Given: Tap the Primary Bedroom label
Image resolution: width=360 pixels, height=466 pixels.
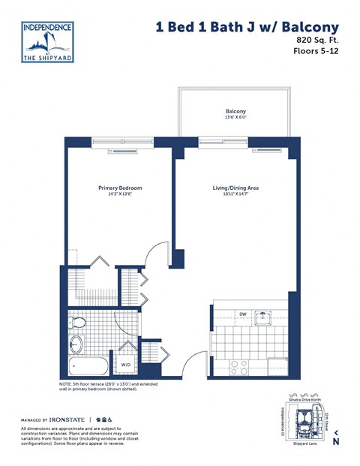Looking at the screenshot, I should [120, 188].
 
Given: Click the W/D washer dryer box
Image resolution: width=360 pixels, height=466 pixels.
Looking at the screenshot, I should [125, 365].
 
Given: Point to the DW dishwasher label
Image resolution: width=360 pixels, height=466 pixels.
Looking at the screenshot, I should [243, 314].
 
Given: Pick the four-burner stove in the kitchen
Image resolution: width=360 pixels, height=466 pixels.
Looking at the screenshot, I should [239, 367].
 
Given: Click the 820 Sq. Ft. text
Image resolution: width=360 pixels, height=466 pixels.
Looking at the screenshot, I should [314, 38].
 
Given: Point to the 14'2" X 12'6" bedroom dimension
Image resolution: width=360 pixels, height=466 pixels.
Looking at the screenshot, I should [120, 195].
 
